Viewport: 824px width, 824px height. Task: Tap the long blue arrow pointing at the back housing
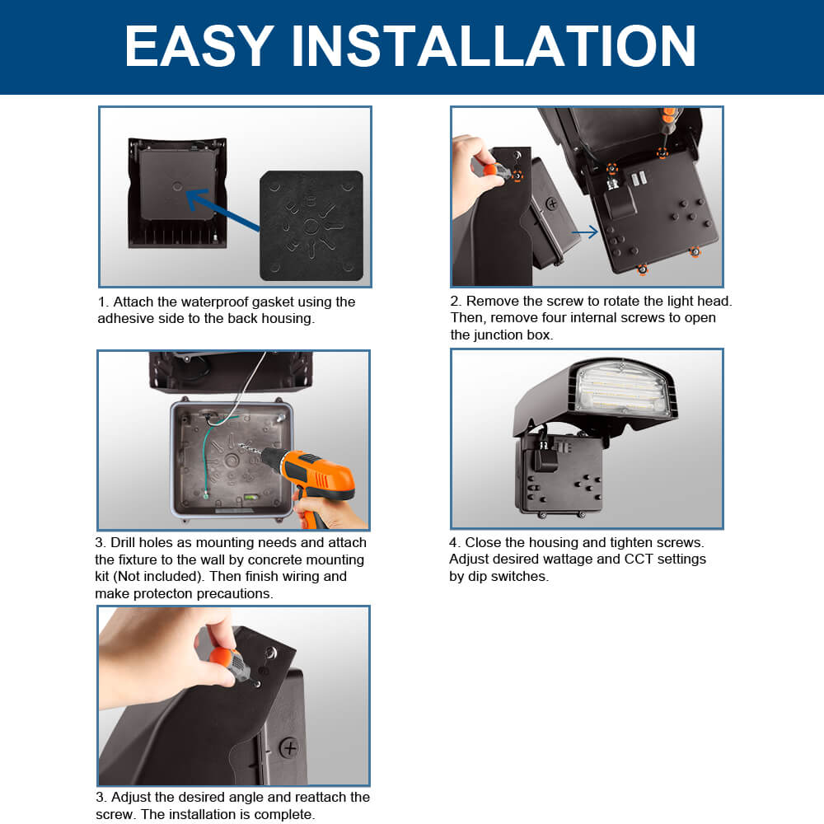click(x=222, y=210)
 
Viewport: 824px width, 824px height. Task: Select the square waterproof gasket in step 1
click(x=311, y=225)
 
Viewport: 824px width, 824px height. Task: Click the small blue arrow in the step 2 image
click(x=585, y=233)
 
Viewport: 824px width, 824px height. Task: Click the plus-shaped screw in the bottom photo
click(x=288, y=747)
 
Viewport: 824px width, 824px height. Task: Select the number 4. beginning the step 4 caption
click(x=455, y=542)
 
